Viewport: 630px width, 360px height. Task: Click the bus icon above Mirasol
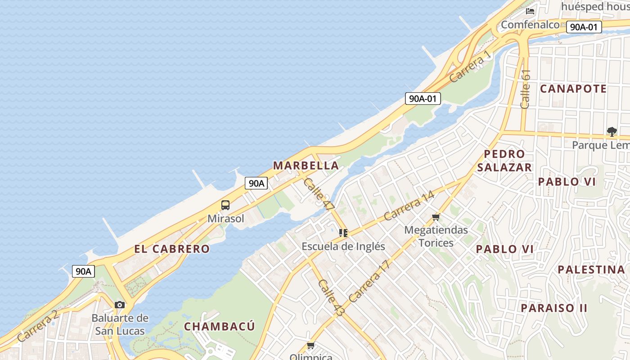225,205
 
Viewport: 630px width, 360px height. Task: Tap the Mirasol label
226,219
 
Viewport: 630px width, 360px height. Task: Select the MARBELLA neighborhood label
306,166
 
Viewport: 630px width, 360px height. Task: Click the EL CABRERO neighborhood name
172,249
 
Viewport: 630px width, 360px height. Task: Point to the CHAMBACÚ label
220,326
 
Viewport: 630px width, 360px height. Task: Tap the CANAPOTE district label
573,89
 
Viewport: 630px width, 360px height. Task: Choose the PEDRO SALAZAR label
504,161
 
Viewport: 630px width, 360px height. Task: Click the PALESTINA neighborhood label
591,270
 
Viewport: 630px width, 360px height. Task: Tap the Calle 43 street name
331,297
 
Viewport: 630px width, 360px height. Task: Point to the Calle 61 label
526,89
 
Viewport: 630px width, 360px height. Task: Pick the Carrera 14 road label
409,206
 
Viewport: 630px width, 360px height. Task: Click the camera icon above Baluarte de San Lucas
120,305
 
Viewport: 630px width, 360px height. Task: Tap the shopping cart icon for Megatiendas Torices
436,218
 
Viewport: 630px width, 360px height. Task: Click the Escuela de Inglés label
343,247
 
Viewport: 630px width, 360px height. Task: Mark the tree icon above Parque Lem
612,132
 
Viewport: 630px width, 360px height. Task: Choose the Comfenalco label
530,25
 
